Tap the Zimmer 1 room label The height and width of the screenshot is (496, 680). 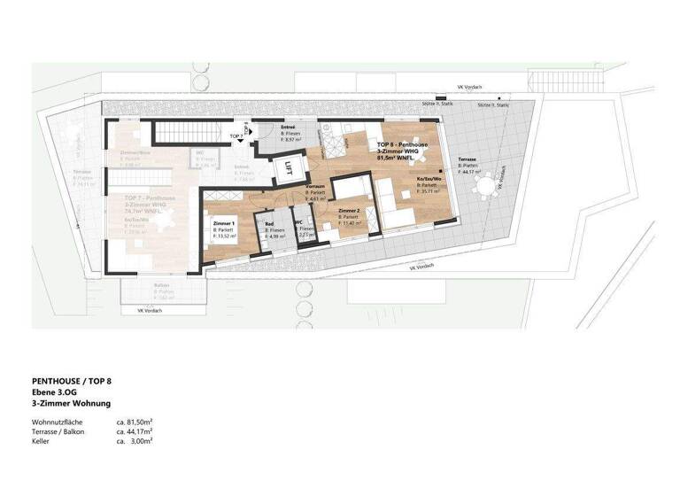[223, 223]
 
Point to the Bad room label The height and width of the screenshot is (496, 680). [269, 224]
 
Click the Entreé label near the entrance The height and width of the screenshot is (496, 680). [288, 128]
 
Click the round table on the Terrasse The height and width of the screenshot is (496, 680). [485, 188]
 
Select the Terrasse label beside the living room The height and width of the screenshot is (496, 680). [467, 159]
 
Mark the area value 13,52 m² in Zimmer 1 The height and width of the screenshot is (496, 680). [226, 236]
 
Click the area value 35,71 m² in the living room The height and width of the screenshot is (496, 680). [431, 190]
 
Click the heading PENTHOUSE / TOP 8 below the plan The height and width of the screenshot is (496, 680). [71, 380]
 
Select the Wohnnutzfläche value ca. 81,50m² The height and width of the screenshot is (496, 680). [135, 422]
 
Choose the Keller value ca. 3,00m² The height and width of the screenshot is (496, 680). [135, 439]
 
